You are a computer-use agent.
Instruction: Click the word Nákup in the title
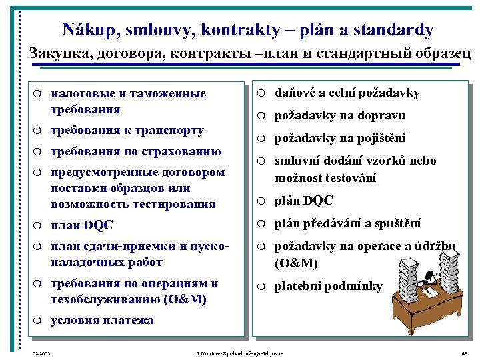click(86, 30)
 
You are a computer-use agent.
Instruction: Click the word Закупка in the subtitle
click(59, 54)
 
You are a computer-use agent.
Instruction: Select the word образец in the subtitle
click(441, 54)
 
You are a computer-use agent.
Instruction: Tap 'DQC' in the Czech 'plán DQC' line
click(318, 201)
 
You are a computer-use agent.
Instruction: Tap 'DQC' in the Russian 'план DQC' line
click(98, 225)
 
